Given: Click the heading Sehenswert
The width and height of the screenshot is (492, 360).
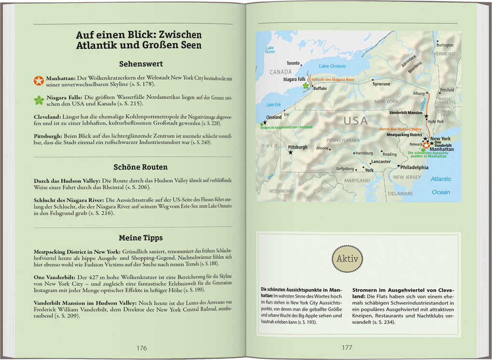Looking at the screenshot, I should click(141, 64).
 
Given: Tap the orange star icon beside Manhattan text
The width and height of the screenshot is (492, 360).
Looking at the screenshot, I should click(39, 80).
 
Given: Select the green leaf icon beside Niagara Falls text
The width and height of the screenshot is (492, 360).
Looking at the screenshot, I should click(39, 100).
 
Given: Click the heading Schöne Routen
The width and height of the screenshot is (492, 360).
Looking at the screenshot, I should click(140, 167).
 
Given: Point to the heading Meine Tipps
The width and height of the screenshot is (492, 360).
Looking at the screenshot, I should click(140, 238).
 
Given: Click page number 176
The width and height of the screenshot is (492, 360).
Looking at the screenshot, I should click(141, 348).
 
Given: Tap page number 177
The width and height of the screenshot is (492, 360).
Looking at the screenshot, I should click(347, 348).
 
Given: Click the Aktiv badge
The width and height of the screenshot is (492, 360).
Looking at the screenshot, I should click(347, 259).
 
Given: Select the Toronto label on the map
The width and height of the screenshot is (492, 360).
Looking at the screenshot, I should click(293, 63).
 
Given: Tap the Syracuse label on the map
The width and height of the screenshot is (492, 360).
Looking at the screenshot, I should click(381, 84).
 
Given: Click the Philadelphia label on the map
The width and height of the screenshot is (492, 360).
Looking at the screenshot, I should click(414, 168).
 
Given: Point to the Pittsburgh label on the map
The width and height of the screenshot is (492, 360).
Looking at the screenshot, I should click(297, 147).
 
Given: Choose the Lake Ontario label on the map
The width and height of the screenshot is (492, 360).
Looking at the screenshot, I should click(332, 66).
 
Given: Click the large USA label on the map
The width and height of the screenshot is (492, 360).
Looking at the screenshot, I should click(355, 121).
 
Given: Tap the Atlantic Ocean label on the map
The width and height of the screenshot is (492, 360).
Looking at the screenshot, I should click(441, 186).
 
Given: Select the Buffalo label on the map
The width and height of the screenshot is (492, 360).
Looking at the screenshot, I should click(320, 89).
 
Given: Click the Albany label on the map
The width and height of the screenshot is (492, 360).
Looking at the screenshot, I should click(419, 93).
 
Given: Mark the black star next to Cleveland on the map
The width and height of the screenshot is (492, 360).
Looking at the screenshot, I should click(264, 122).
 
